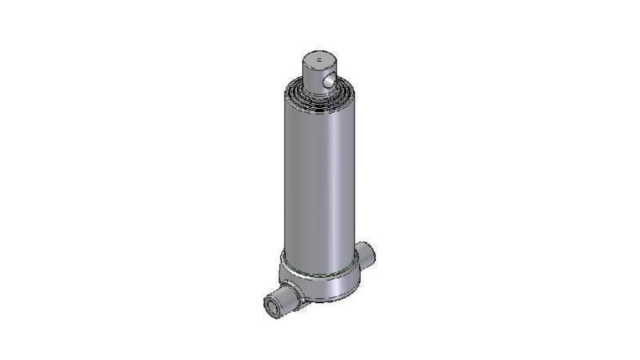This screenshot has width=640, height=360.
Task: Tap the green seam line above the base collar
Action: pos(320,273)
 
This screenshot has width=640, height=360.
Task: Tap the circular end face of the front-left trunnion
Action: pos(273,304)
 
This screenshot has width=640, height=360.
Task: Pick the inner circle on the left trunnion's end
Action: pos(273,304)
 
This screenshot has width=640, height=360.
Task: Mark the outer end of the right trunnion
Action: pos(373,254)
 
